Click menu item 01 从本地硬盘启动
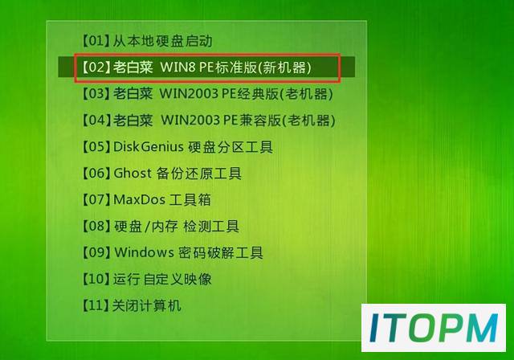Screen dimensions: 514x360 point(146,41)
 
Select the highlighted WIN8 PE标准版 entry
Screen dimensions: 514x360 point(196,67)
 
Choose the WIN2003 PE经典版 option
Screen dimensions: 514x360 point(207,94)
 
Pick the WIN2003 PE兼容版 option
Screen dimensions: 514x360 point(208,121)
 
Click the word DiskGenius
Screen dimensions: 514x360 point(148,147)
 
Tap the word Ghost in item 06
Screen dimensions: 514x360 point(133,173)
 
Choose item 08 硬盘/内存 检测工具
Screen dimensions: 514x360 point(160,227)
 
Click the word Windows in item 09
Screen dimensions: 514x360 point(144,252)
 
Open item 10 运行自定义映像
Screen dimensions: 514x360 point(146,279)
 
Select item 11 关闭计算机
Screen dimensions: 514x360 point(131,305)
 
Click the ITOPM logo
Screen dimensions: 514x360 point(434,328)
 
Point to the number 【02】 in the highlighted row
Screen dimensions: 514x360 point(95,67)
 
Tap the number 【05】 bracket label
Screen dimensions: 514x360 point(95,147)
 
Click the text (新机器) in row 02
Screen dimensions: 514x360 point(284,67)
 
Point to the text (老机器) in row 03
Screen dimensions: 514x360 point(307,94)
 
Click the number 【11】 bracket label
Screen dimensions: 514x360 point(95,305)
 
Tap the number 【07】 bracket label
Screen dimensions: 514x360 point(95,199)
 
